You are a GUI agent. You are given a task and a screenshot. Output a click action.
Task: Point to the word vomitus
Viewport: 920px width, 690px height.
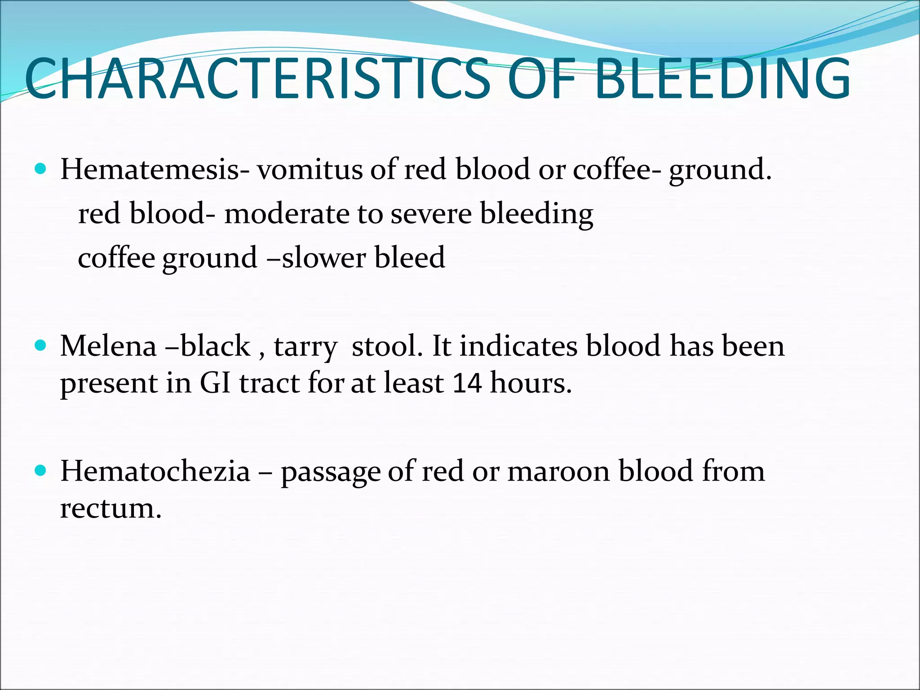(310, 170)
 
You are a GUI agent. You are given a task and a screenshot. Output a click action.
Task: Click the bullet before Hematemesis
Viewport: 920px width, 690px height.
(40, 169)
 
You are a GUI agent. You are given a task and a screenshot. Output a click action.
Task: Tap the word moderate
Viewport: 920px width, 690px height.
(287, 213)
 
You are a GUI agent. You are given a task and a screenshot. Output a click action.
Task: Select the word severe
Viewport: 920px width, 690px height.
(431, 213)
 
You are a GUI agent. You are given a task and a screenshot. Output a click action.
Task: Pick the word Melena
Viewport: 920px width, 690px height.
(108, 346)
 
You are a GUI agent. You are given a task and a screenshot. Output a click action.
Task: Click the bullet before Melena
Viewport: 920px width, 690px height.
(40, 345)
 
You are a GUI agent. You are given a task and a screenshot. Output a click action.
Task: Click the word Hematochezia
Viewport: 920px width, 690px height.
(155, 471)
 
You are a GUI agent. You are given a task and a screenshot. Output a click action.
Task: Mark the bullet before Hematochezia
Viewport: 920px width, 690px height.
(40, 470)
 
